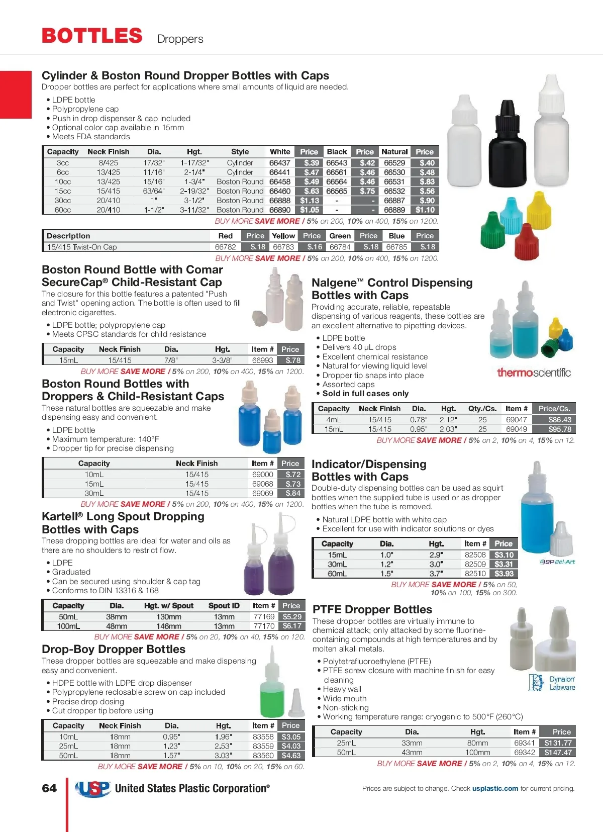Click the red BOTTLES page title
pos(92,36)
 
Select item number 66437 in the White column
pos(279,163)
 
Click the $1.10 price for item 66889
pos(425,210)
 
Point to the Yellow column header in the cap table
pos(283,236)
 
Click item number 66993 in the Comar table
pos(262,360)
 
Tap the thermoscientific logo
pos(534,373)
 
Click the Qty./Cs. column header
pos(482,409)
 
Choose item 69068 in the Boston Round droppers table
pos(262,484)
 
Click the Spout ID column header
pos(224,606)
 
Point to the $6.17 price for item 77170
pos(292,626)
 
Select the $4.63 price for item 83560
pos(291,756)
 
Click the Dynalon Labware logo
pos(551,683)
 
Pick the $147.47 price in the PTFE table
pos(558,753)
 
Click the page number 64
pos(49,788)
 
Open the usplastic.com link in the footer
pos(495,788)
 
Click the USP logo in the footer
pos(93,788)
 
